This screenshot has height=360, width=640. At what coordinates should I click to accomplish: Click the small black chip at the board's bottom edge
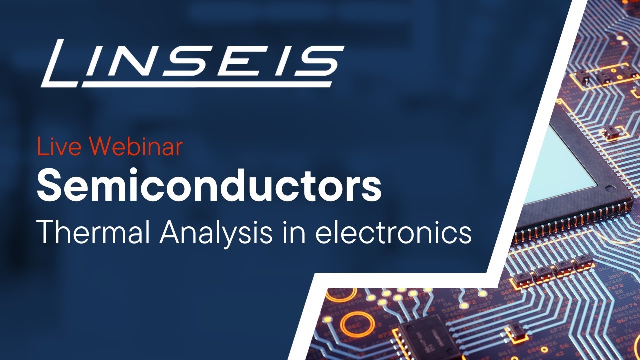[x=425, y=334]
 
